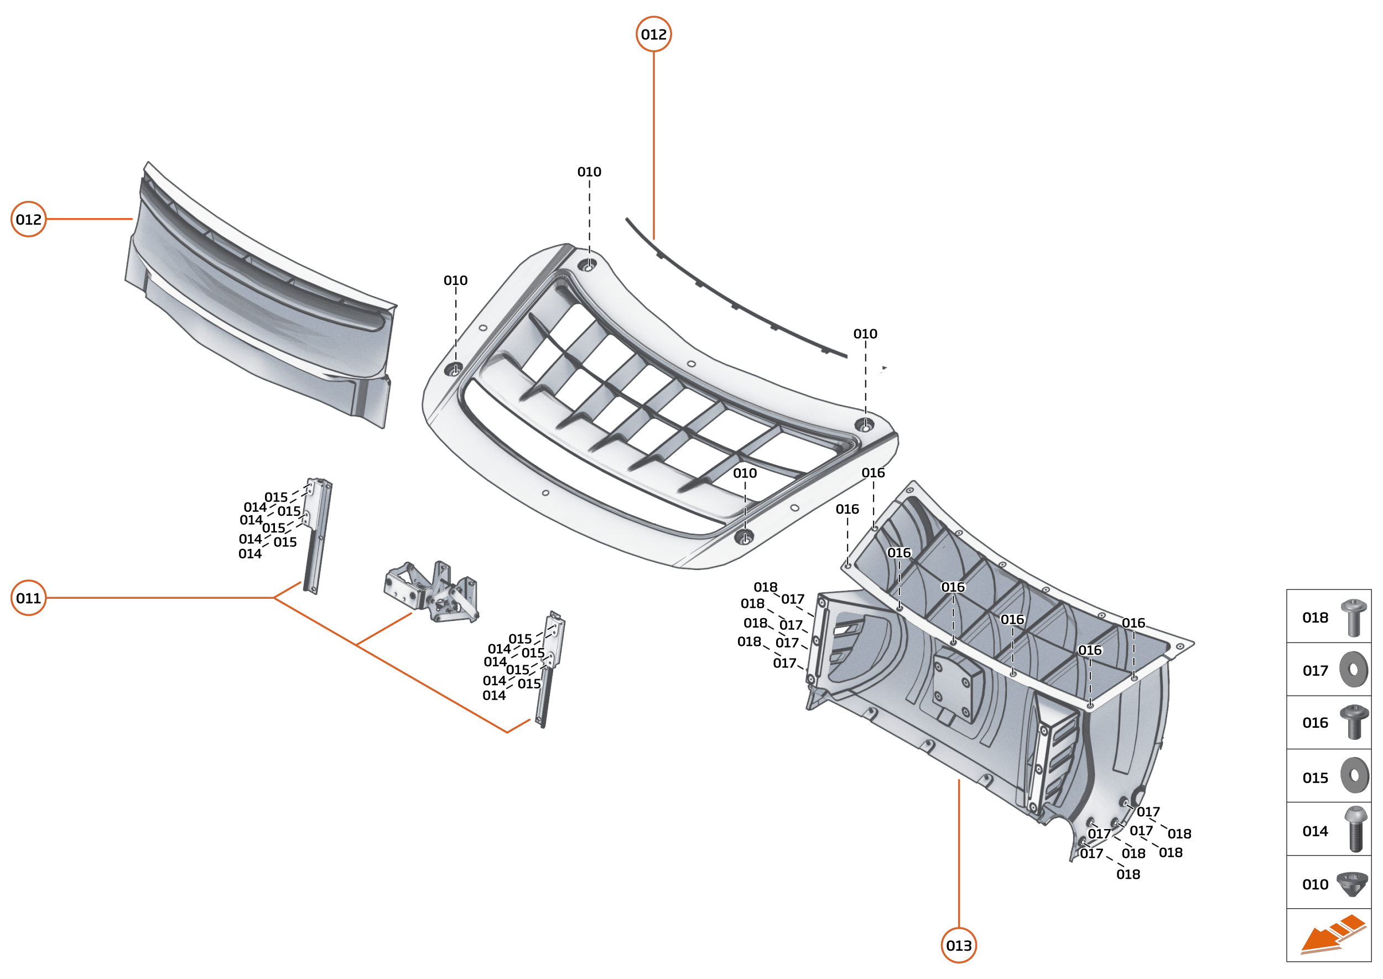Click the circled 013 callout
point(958,945)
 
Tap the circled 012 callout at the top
point(653,34)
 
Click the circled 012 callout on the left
point(28,219)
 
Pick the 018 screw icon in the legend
point(1353,618)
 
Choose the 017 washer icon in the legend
point(1353,669)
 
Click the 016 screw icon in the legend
point(1353,722)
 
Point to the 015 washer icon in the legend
point(1354,775)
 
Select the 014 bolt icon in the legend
point(1355,829)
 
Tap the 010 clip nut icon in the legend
point(1351,884)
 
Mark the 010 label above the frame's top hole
point(589,172)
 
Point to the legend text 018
point(1315,618)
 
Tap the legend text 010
point(1315,884)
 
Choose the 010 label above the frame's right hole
point(865,334)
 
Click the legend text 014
point(1315,831)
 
